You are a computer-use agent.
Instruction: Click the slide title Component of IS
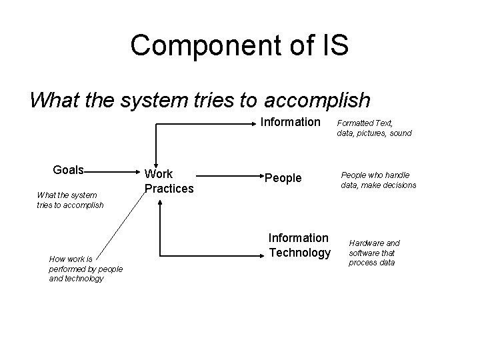pos(239,45)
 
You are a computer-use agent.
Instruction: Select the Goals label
pos(68,169)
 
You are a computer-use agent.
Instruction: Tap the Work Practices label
pos(169,181)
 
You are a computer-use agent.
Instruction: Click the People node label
pos(283,178)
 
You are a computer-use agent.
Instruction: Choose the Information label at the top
pos(290,122)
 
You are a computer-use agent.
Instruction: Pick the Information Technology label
pos(299,245)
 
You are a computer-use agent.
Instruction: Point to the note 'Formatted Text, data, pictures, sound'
pos(374,128)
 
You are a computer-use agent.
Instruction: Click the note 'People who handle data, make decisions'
pos(378,180)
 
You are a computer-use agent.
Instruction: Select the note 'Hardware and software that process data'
pos(374,253)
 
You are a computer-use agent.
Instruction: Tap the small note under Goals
pos(70,200)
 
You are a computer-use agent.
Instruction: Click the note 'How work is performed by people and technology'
pos(76,269)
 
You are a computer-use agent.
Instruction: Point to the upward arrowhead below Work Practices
pos(160,203)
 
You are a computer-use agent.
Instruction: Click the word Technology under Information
pos(299,253)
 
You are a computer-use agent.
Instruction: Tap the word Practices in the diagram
pos(169,189)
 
